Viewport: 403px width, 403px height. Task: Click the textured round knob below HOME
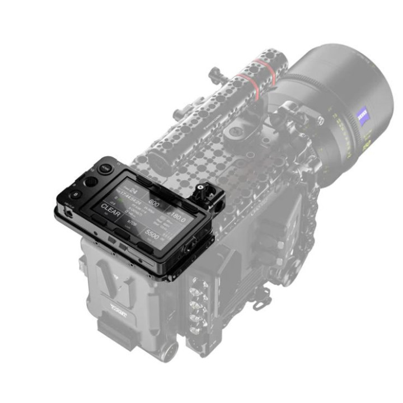coord(90,182)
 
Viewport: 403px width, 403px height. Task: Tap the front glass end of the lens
coord(358,84)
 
